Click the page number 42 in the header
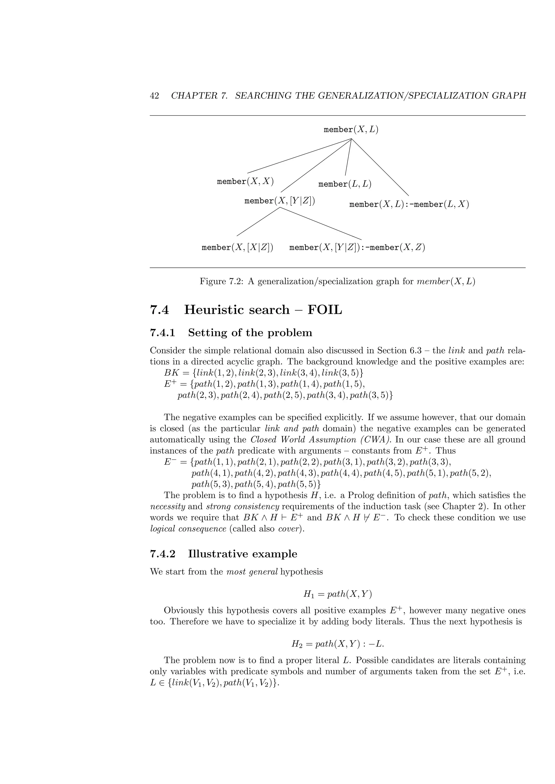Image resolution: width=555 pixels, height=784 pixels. point(154,96)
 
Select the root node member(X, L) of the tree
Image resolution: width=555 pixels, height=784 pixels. point(351,130)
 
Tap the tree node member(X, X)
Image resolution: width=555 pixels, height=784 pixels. point(245,181)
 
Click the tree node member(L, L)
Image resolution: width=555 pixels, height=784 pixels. point(344,184)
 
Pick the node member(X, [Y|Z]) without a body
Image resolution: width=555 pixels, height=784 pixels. point(280,201)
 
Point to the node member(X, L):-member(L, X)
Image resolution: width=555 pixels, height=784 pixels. point(409,205)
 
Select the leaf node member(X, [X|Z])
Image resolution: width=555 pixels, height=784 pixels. point(237,247)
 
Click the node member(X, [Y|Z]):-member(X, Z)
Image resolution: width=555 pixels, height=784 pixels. point(357,247)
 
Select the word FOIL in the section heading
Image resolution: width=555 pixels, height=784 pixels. point(324,310)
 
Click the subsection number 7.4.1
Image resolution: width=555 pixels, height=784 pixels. point(162,333)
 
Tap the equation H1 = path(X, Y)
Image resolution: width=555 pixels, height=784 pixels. point(337,594)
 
